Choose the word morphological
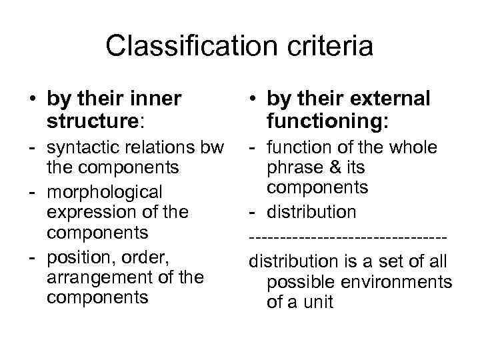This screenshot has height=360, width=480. tap(104, 192)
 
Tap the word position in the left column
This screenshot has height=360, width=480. tap(75, 255)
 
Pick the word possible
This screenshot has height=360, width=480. tap(299, 282)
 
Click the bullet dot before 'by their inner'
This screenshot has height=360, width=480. tap(31, 100)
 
